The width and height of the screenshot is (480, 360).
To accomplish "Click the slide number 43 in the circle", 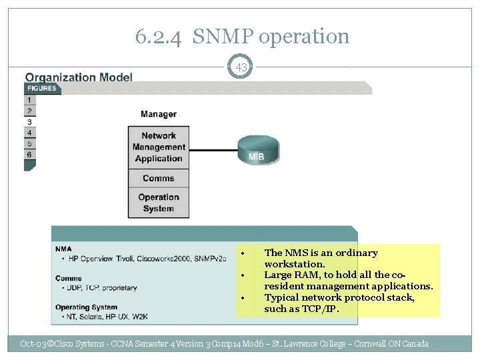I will tap(241, 67).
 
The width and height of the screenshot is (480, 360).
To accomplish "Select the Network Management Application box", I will tap(159, 147).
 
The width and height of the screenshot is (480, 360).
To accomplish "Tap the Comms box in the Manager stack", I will tap(159, 178).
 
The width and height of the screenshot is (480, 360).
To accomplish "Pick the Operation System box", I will tap(159, 203).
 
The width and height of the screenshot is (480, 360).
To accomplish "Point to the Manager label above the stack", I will tap(159, 115).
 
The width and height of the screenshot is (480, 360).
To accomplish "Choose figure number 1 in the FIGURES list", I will tap(29, 100).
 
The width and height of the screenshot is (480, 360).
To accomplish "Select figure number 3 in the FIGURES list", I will tap(29, 122).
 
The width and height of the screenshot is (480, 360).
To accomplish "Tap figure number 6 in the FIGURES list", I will tap(29, 155).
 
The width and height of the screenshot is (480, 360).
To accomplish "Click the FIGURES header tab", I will tap(42, 89).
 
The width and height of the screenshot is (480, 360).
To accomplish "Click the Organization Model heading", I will tap(79, 77).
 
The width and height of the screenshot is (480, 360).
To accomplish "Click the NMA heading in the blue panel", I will tap(64, 249).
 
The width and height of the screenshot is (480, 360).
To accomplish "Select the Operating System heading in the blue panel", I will tap(81, 307).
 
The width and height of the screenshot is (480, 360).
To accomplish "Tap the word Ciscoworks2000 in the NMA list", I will tap(161, 259).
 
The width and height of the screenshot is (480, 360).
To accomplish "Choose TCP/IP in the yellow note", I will tap(323, 309).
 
